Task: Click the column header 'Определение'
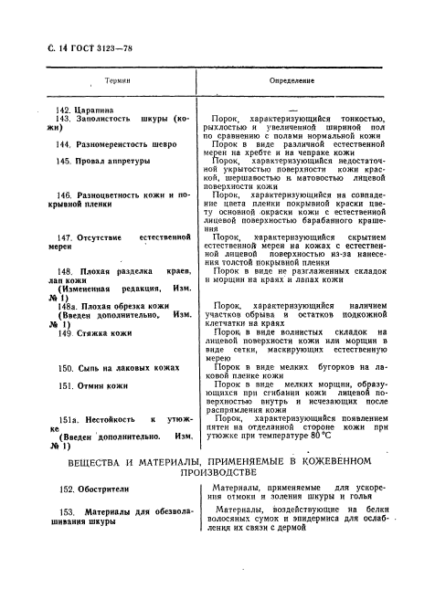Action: [292, 80]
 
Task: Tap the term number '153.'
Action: [67, 513]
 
